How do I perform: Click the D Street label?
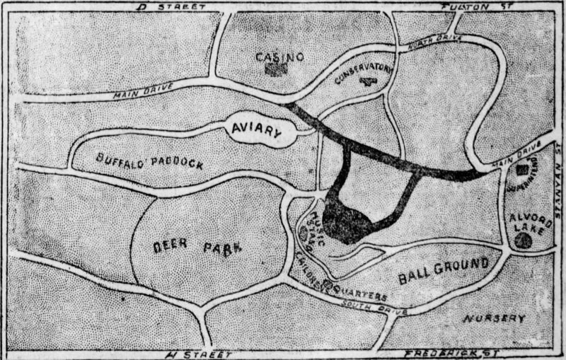click(173, 6)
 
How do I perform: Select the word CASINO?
click(280, 56)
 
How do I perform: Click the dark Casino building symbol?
click(280, 69)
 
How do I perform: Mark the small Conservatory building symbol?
click(366, 81)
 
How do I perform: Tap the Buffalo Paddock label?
click(149, 159)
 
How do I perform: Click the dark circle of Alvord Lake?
click(524, 240)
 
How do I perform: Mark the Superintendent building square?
click(521, 170)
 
